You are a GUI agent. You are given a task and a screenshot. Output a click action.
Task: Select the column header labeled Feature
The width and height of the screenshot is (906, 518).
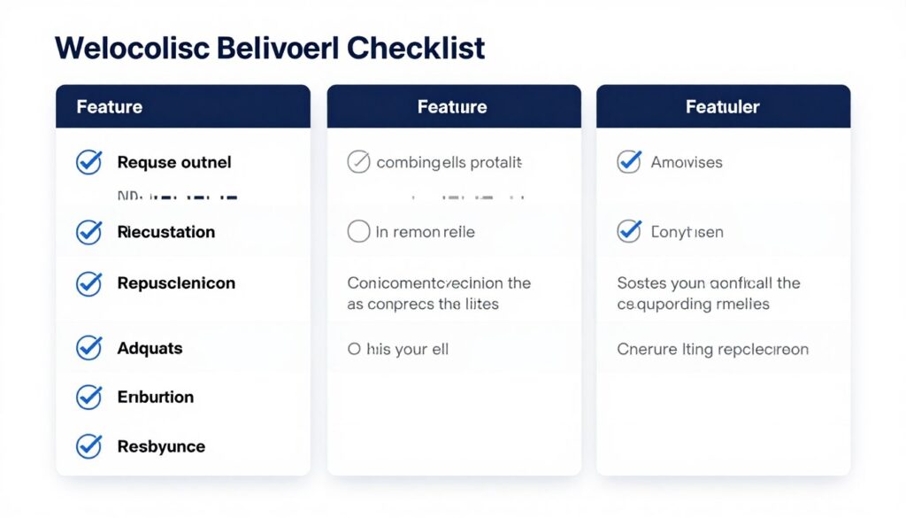[110, 107]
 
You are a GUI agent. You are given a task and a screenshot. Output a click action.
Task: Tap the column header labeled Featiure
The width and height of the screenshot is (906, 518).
[452, 107]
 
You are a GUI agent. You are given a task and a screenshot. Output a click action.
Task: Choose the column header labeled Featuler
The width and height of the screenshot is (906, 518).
[723, 107]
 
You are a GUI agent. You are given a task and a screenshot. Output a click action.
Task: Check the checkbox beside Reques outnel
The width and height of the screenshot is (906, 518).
[88, 162]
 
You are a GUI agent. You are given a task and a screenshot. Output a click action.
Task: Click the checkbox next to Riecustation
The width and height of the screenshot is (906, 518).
[88, 232]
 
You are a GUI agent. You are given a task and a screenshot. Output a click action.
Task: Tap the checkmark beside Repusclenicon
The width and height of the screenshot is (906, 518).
[88, 283]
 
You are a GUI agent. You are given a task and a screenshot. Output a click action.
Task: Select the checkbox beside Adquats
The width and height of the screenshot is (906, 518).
[88, 348]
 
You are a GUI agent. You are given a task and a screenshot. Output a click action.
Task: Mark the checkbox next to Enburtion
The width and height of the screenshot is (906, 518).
[88, 397]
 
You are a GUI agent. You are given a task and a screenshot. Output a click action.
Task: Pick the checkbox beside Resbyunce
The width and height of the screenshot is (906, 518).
[88, 446]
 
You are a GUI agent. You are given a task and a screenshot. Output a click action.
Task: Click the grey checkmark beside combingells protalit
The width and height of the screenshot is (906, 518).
[358, 162]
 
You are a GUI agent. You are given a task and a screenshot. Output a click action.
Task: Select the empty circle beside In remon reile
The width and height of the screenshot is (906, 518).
[358, 232]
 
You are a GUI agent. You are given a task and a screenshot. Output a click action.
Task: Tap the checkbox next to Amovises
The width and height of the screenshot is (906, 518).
[628, 162]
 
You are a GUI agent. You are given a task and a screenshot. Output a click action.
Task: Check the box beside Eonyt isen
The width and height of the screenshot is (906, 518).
[628, 232]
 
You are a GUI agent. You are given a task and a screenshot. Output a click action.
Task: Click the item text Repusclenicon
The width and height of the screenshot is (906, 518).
[176, 283]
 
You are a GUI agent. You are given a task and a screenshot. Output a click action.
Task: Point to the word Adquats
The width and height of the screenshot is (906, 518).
[150, 348]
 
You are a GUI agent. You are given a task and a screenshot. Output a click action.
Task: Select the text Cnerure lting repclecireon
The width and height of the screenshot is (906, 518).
[712, 349]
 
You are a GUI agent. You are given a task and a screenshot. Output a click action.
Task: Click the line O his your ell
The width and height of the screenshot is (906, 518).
[398, 349]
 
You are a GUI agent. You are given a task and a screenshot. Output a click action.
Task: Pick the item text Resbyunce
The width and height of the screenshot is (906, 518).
[161, 446]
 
